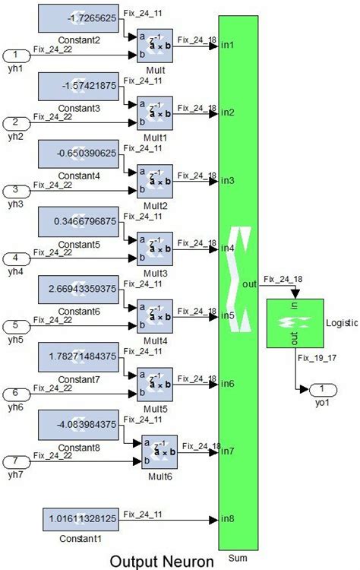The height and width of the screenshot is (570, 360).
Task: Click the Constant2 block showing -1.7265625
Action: [79, 19]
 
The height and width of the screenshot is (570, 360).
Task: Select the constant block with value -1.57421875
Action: [79, 87]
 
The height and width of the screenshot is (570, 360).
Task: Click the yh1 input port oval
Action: [19, 55]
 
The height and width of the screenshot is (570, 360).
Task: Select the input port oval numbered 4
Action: [19, 258]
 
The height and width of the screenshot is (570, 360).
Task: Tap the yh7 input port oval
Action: [19, 461]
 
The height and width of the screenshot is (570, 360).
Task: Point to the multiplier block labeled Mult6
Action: [159, 451]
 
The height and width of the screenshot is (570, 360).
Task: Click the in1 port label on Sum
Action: [227, 46]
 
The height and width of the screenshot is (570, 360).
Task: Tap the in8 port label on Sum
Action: [227, 520]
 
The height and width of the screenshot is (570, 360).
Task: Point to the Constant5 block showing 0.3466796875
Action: [79, 222]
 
